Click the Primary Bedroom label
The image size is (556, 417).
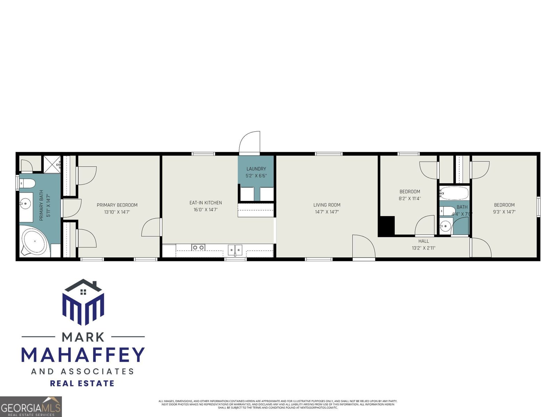pyautogui.click(x=117, y=205)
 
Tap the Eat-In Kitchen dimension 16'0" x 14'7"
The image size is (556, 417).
pyautogui.click(x=205, y=210)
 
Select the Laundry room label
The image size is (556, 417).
pyautogui.click(x=256, y=169)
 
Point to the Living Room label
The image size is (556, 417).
pyautogui.click(x=327, y=205)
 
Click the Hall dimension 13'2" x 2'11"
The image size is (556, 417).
pyautogui.click(x=423, y=248)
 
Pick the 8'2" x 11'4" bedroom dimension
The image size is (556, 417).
pyautogui.click(x=410, y=199)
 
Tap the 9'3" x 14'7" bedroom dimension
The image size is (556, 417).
pyautogui.click(x=504, y=212)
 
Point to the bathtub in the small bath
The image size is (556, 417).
pyautogui.click(x=454, y=193)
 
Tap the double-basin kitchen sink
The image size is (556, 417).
pyautogui.click(x=235, y=249)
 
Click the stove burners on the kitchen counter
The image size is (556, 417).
pyautogui.click(x=198, y=247)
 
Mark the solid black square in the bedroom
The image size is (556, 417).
pyautogui.click(x=386, y=226)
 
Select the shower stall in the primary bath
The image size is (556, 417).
pyautogui.click(x=52, y=164)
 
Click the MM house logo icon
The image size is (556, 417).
pyautogui.click(x=83, y=302)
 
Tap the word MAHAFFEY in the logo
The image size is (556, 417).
pyautogui.click(x=83, y=354)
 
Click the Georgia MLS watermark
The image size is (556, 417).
pyautogui.click(x=31, y=407)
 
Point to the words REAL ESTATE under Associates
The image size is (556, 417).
pyautogui.click(x=82, y=383)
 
